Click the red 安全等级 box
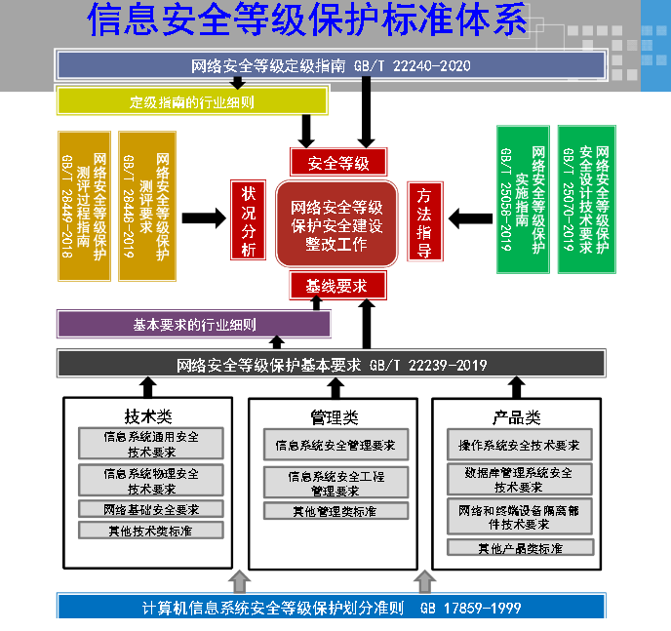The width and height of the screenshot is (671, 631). pyautogui.click(x=338, y=162)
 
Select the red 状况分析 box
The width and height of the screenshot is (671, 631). pyautogui.click(x=247, y=221)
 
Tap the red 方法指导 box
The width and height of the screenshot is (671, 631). pyautogui.click(x=424, y=221)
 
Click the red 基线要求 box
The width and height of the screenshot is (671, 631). pyautogui.click(x=338, y=286)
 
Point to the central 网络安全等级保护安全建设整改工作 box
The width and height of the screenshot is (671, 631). pyautogui.click(x=336, y=224)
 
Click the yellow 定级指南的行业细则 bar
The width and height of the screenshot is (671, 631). pyautogui.click(x=192, y=101)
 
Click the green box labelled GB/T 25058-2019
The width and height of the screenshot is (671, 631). pyautogui.click(x=521, y=200)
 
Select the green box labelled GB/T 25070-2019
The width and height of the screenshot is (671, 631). pyautogui.click(x=586, y=200)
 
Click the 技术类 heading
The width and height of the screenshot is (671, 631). pyautogui.click(x=148, y=416)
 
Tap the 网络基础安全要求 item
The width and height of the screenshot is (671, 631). pyautogui.click(x=150, y=509)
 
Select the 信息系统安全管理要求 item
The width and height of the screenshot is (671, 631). pyautogui.click(x=335, y=446)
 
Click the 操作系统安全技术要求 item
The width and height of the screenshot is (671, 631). pyautogui.click(x=519, y=446)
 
